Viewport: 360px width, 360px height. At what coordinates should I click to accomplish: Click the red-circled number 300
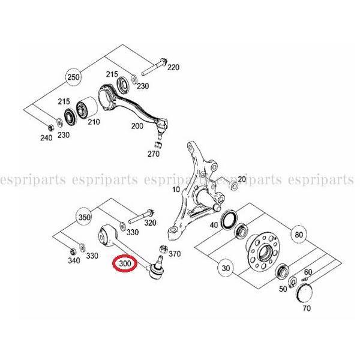pyautogui.click(x=125, y=263)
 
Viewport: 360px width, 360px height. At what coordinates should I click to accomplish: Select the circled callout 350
pyautogui.click(x=84, y=217)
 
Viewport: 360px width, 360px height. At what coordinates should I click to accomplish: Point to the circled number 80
pyautogui.click(x=299, y=235)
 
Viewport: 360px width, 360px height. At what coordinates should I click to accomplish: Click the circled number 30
pyautogui.click(x=226, y=268)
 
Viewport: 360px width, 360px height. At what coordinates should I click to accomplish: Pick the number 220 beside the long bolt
pyautogui.click(x=173, y=67)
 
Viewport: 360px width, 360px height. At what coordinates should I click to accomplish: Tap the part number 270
pyautogui.click(x=154, y=154)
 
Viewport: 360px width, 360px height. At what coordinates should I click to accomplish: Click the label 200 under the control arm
pyautogui.click(x=137, y=125)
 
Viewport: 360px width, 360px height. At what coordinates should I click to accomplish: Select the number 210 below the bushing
pyautogui.click(x=94, y=122)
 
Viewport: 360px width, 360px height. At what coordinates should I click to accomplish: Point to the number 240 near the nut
pyautogui.click(x=46, y=138)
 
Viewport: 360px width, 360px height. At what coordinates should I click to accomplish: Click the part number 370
pyautogui.click(x=175, y=254)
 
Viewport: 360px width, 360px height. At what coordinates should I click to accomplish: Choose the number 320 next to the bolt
pyautogui.click(x=150, y=222)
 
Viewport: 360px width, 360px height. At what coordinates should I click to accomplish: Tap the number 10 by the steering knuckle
pyautogui.click(x=176, y=190)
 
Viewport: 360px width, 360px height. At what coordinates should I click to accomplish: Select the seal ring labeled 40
pyautogui.click(x=229, y=220)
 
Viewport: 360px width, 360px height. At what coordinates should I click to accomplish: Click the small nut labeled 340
pyautogui.click(x=73, y=251)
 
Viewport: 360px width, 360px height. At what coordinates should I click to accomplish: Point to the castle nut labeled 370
pyautogui.click(x=163, y=249)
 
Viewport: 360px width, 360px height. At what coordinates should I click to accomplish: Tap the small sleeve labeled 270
pyautogui.click(x=159, y=145)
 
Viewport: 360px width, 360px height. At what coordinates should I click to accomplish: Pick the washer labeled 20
pyautogui.click(x=234, y=186)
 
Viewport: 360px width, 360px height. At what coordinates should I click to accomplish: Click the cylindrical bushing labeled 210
pyautogui.click(x=86, y=107)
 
